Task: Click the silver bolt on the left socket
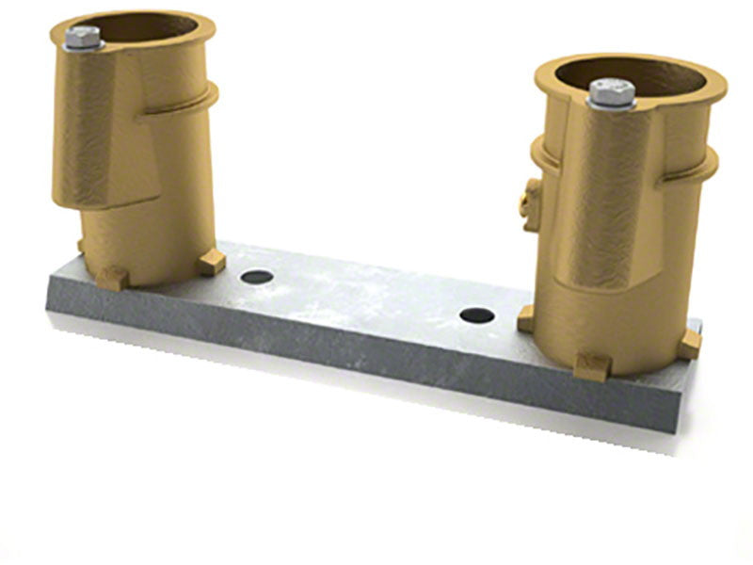(84, 38)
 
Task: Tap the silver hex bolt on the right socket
(612, 91)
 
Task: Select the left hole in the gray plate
(257, 278)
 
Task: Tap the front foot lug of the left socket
(112, 278)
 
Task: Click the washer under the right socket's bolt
(612, 104)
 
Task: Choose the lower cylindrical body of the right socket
(612, 301)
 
